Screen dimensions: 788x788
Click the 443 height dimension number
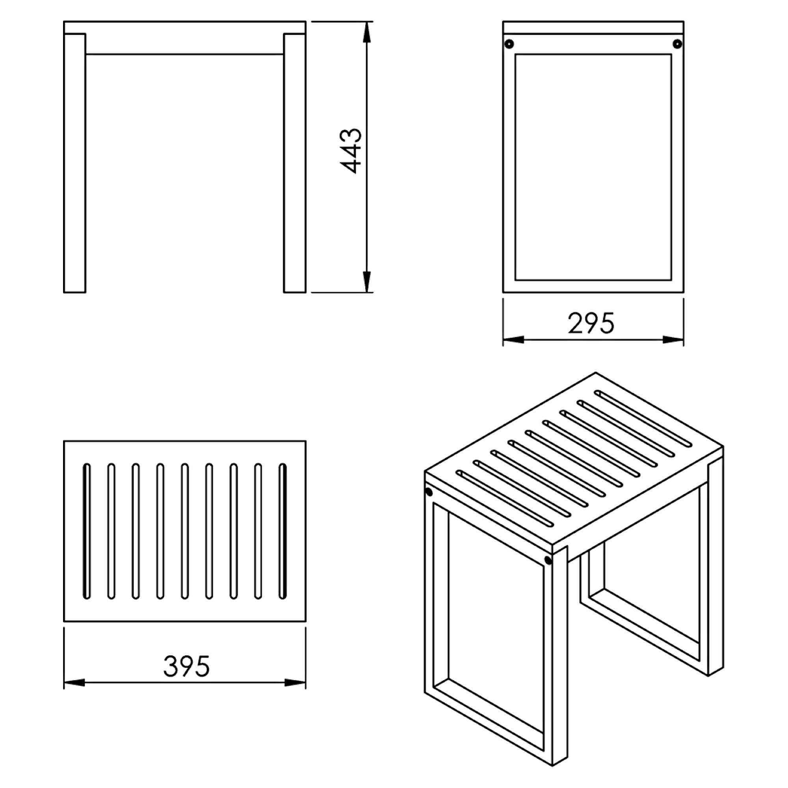(351, 151)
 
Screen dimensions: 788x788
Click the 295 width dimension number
(591, 324)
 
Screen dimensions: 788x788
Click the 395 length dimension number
(186, 667)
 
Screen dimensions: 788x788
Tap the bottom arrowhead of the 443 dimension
(367, 282)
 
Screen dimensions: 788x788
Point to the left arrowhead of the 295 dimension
(513, 339)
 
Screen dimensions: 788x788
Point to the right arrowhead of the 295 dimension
(673, 339)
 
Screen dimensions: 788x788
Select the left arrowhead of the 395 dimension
(74, 682)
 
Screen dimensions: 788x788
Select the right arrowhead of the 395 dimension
(295, 682)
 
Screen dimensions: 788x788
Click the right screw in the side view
(677, 44)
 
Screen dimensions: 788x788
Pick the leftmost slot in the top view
(87, 532)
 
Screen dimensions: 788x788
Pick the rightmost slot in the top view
(282, 532)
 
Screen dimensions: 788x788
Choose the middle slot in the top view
(185, 532)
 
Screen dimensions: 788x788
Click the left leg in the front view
(74, 163)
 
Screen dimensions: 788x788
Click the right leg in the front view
(295, 163)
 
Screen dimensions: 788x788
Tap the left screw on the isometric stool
(429, 492)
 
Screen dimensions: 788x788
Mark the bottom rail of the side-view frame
(593, 286)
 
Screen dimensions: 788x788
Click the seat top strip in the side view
(593, 27)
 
